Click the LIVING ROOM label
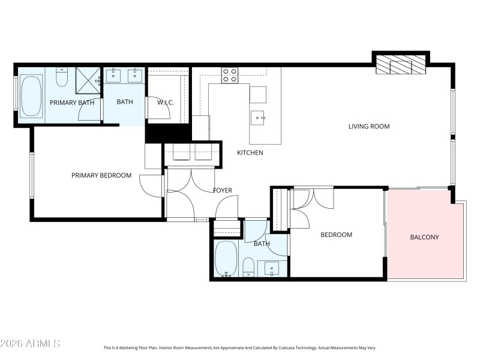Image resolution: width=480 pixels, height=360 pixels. coord(369,127)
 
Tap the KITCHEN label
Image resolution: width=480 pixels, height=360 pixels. coord(250,153)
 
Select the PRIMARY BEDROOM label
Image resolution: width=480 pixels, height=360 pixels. coord(101,175)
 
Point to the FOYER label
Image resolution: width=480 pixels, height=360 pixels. coord(222,191)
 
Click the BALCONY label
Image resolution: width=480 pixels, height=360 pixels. coord(424,237)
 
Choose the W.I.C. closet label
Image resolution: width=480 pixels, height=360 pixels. coord(166,103)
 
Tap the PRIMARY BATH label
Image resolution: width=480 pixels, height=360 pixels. coord(71,103)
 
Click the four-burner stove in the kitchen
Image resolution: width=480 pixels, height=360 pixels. coord(230,75)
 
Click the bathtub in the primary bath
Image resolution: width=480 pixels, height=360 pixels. coord(30,96)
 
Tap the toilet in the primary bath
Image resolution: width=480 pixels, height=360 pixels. coord(62,77)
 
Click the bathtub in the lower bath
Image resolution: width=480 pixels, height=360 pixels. coord(226,260)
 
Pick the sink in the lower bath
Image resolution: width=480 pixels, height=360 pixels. coord(272,269)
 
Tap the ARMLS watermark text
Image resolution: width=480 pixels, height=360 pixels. coord(31,344)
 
